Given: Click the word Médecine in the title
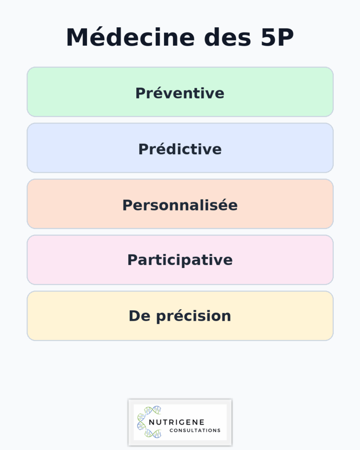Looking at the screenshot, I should point(130,38).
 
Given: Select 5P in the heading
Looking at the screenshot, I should point(274,38).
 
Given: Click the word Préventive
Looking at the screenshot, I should point(180,93).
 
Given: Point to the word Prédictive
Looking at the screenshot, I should point(180,149).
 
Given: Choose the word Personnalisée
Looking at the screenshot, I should point(180,205).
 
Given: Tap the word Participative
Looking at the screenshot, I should point(180,260).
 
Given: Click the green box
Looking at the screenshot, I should point(66,92).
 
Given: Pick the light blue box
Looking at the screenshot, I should point(66,148).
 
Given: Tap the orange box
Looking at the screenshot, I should point(66,204).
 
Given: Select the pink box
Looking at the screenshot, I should point(66,260).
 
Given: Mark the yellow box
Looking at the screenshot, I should point(66,316).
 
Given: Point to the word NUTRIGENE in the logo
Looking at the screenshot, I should point(176,422).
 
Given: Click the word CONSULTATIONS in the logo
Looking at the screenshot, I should point(195,431).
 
